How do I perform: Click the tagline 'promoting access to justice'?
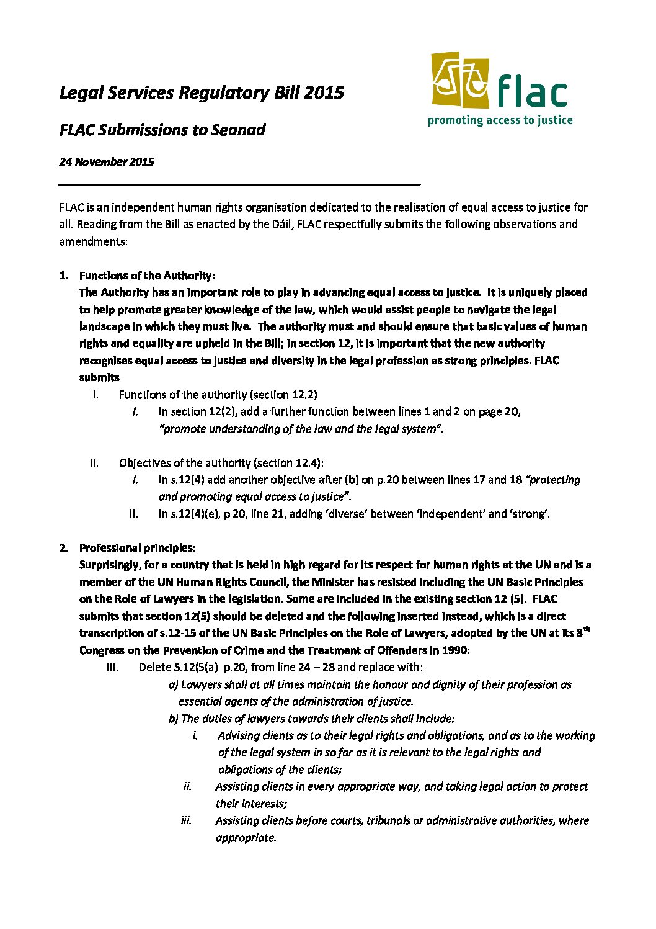[500, 120]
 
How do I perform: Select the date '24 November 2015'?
[107, 162]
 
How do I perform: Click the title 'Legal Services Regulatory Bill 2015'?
[202, 93]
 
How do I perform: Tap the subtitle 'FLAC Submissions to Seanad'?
[162, 130]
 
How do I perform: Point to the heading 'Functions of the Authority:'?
[147, 276]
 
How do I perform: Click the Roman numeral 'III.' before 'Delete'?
[112, 667]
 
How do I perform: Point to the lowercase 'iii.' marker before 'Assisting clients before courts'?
[186, 820]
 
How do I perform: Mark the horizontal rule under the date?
[239, 184]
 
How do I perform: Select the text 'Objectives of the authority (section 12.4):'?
[221, 463]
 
